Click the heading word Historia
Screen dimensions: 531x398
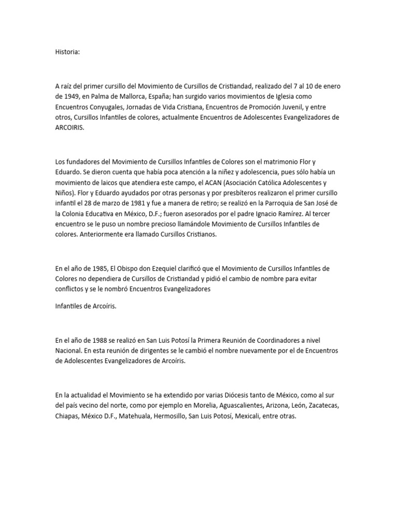click(x=67, y=52)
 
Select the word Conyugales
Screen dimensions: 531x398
click(x=106, y=107)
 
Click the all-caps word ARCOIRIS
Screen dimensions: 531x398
click(x=69, y=128)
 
